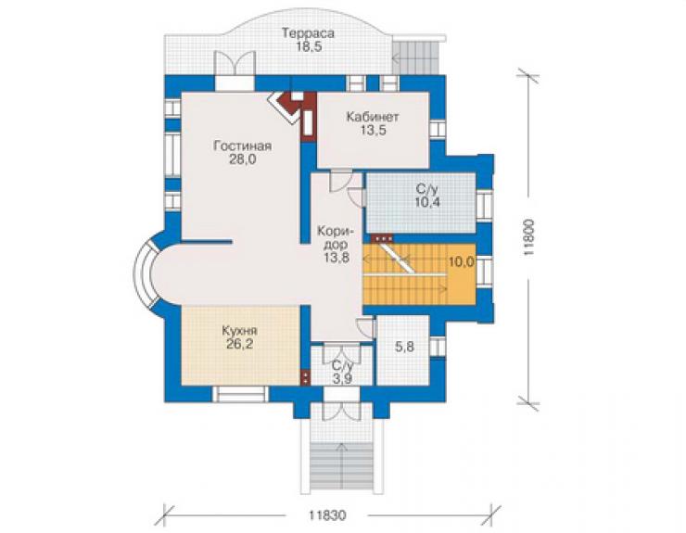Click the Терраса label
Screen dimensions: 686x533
click(308, 33)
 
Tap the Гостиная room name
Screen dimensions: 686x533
click(242, 146)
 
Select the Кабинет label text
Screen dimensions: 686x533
click(373, 117)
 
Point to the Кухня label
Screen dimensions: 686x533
click(239, 330)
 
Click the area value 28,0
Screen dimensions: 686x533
click(242, 159)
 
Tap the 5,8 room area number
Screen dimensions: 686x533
click(404, 347)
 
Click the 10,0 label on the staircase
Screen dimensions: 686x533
click(461, 261)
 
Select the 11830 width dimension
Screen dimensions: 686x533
click(327, 515)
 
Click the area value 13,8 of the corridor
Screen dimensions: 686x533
click(337, 258)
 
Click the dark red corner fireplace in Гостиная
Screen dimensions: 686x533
click(292, 107)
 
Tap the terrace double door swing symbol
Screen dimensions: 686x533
click(234, 63)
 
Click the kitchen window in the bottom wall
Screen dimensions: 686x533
click(241, 394)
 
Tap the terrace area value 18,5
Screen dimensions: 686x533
click(308, 46)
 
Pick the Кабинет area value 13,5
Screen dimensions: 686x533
click(373, 130)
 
